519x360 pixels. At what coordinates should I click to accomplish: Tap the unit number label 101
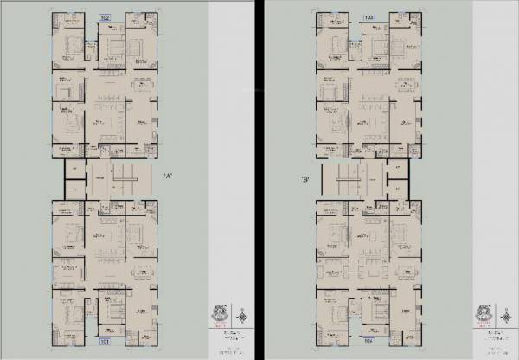(104, 343)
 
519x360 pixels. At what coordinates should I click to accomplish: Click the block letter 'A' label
(169, 177)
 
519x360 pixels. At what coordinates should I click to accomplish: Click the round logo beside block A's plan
(219, 312)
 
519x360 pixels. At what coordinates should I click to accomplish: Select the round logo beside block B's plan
(484, 312)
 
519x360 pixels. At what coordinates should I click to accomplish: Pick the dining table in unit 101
(141, 273)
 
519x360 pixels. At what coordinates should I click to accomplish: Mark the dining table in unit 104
(407, 273)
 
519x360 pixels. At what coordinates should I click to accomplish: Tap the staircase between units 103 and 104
(355, 181)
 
